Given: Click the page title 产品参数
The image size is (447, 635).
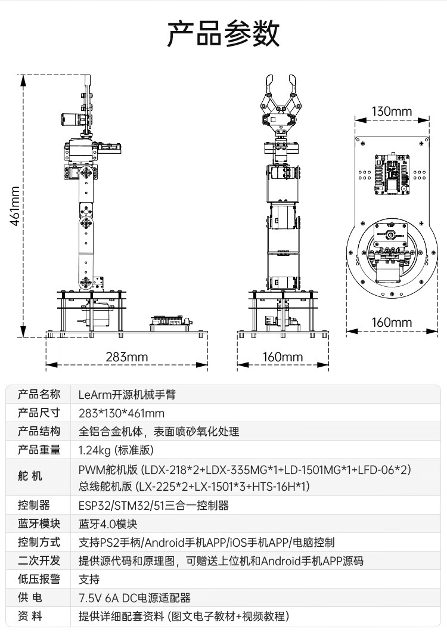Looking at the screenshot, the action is pos(223,33).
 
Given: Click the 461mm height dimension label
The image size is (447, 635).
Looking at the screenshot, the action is pos(14,206).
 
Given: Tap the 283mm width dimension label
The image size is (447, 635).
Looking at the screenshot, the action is pos(127,357).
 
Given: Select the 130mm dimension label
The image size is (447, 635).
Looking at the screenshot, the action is pos(392,111).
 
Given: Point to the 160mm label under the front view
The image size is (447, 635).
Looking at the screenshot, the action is pos(283,357).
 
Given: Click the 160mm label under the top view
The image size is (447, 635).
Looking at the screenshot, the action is pos(392,323).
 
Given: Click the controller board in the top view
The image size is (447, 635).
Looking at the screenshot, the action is pos(390,174).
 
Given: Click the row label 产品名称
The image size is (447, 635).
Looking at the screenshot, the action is pos(39,394).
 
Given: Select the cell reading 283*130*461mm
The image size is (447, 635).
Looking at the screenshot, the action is pos(122,413).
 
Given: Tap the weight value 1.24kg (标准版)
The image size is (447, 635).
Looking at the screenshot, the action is pos(116,450).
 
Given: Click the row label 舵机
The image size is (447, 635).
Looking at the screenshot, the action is pos(30,476).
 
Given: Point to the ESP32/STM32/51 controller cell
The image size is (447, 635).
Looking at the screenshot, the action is pos(153,506).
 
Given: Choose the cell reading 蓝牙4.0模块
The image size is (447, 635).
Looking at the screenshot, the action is pos(108,524).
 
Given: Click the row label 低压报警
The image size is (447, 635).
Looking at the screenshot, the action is pos(39,579).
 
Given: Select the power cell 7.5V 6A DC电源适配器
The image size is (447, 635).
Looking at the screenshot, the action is pos(135,598).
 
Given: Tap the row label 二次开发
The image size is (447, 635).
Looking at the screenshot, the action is pos(39,560).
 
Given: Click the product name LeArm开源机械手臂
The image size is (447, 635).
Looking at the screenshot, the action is pos(127,395).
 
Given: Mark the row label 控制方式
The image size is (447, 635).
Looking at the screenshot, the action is pos(39,542).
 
